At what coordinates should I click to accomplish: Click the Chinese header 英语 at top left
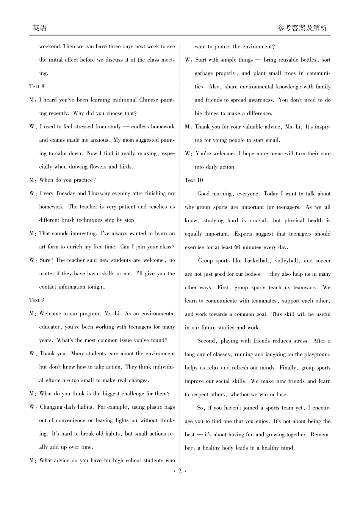pyautogui.click(x=39, y=28)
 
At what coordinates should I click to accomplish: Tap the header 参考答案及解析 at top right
pyautogui.click(x=302, y=28)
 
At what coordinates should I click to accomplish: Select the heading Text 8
pyautogui.click(x=37, y=86)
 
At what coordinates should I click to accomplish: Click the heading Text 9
pyautogui.click(x=37, y=300)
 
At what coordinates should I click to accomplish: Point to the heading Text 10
pyautogui.click(x=194, y=180)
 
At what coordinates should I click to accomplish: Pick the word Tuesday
pyautogui.click(x=66, y=194)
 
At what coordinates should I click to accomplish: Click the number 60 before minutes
pyautogui.click(x=237, y=247)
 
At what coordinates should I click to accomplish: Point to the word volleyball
pyautogui.click(x=287, y=261)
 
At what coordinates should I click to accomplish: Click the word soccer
pyautogui.click(x=323, y=261)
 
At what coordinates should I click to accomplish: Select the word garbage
pyautogui.click(x=204, y=73)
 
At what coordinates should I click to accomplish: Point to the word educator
pyautogui.click(x=50, y=327)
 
